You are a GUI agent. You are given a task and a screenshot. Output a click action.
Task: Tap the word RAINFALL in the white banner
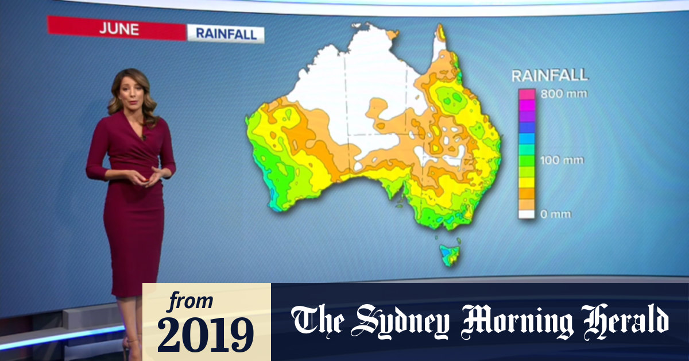click(x=226, y=33)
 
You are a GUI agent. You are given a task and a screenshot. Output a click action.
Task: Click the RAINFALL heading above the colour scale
click(x=550, y=75)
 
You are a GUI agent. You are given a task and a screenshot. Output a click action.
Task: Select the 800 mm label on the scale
click(x=564, y=94)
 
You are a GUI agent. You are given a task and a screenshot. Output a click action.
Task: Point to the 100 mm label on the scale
click(x=563, y=160)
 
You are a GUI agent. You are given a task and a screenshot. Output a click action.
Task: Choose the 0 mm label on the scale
click(x=556, y=214)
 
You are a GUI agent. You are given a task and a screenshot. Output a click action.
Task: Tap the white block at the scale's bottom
click(x=527, y=214)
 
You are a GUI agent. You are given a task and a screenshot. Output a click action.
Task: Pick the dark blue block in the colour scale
click(x=527, y=127)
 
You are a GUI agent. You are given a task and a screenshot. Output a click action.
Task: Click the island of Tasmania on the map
click(x=450, y=254)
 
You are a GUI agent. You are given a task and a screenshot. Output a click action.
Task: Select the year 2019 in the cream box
click(x=206, y=333)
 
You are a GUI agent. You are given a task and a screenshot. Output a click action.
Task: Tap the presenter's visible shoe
click(x=131, y=344)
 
